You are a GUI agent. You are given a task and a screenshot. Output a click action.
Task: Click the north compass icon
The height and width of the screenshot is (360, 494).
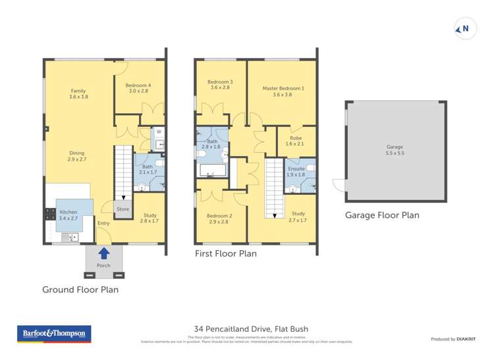click(465, 29)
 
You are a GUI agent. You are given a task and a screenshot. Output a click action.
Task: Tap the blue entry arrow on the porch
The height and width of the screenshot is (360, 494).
click(103, 252)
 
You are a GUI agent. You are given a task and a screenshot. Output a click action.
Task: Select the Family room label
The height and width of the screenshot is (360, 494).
click(78, 94)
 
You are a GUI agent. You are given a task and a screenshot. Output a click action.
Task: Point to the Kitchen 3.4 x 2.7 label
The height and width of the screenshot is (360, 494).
click(69, 215)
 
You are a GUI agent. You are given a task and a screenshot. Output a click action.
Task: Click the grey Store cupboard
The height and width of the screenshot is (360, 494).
click(123, 209)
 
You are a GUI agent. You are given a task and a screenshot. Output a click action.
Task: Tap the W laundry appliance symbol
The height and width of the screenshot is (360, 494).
click(159, 132)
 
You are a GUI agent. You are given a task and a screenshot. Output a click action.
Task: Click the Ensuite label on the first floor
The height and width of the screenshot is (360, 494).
click(296, 171)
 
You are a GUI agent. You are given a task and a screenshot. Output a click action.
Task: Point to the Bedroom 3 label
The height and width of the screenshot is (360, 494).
click(221, 84)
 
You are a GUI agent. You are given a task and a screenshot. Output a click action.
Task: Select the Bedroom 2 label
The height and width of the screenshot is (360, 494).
click(219, 219)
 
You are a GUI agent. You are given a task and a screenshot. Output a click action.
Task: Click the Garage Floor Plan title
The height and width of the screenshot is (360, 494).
click(382, 215)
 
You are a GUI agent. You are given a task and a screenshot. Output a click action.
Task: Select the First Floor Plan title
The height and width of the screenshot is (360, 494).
click(225, 253)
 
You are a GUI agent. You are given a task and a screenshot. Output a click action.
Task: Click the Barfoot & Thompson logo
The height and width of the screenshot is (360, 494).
click(53, 334)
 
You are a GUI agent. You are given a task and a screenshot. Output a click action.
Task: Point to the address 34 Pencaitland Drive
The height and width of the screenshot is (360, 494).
click(251, 329)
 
